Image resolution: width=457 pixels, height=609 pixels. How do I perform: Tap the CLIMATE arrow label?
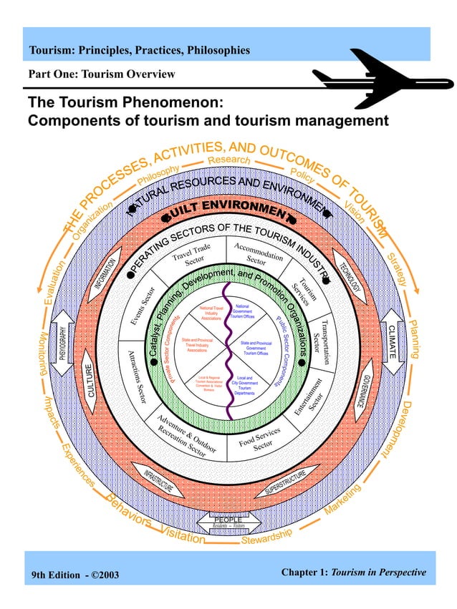click(x=392, y=334)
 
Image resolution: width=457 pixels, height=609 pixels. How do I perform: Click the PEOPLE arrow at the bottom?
click(x=229, y=521)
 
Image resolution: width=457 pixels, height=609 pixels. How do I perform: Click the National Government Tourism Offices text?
click(x=244, y=312)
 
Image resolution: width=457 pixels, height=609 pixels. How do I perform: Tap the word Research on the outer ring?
click(x=229, y=160)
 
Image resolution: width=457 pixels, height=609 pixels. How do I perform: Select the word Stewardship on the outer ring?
click(x=266, y=537)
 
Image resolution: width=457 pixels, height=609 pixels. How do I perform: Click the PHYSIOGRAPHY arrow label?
click(x=64, y=342)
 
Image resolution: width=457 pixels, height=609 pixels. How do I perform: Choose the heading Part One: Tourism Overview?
click(x=101, y=74)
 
